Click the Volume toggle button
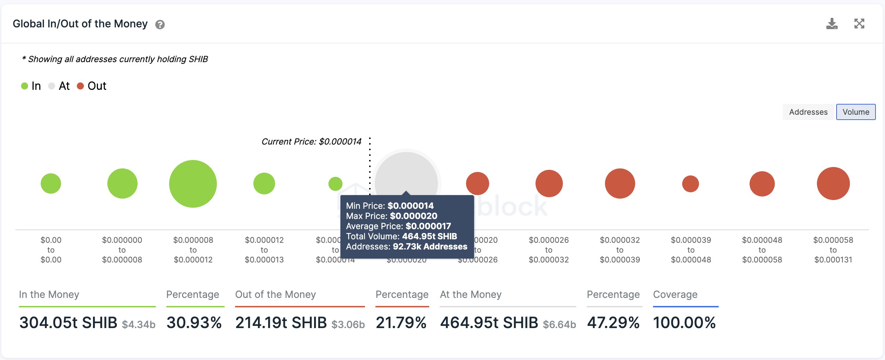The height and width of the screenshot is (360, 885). point(856,112)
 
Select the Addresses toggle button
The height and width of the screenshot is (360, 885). point(808,112)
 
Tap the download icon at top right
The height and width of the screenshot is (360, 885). point(832,24)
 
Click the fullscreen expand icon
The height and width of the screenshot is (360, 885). point(859,24)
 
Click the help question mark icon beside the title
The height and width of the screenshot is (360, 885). point(160,25)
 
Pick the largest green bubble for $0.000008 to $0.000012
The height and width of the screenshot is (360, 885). point(193,184)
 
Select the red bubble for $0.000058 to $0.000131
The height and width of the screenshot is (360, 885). point(833,184)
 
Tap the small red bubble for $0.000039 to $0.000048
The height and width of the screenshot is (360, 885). point(690,184)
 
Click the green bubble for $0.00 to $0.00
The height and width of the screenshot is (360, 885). point(51,184)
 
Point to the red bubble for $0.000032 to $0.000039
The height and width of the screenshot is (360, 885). point(620,184)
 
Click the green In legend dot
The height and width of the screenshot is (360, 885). point(25,86)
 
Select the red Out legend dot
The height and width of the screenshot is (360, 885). point(80,86)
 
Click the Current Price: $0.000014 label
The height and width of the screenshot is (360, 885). point(311,141)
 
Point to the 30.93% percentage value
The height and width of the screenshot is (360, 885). point(194,322)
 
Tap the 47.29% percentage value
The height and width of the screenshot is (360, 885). point(613,322)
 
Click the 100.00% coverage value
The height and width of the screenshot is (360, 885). point(684,322)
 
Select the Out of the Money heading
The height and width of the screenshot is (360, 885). point(275,294)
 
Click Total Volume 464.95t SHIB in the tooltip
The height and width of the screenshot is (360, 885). point(401,236)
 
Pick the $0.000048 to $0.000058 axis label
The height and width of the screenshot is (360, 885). point(762,250)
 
